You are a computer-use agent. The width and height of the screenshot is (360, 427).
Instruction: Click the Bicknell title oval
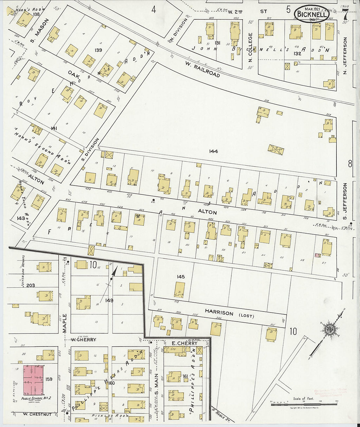pos(311,14)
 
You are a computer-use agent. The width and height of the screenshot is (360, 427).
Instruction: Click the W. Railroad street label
pos(202,69)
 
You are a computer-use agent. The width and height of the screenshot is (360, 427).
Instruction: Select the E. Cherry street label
pos(185,343)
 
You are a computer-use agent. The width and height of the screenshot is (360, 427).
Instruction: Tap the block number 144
pos(214,151)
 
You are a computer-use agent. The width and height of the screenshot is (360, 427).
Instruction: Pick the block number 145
pos(181,277)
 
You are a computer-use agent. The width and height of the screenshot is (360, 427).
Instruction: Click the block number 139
pos(98,50)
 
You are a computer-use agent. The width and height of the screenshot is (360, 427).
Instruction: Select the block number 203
pos(31,285)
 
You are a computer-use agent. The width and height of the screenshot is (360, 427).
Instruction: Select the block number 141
pos(54,129)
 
